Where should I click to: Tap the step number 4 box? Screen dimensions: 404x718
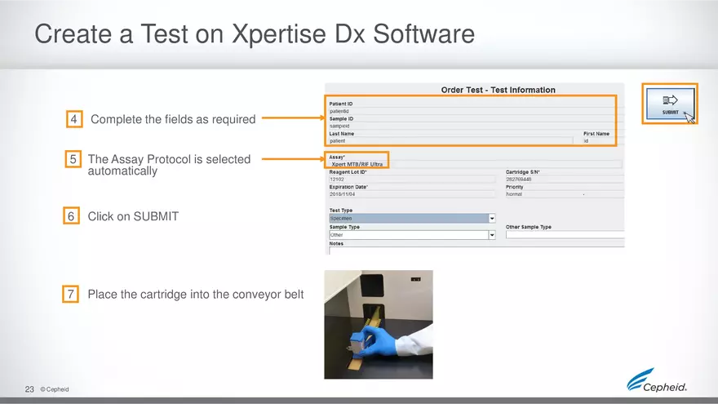click(74, 120)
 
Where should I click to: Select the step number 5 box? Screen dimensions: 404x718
click(73, 159)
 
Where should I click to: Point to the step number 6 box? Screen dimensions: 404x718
click(73, 216)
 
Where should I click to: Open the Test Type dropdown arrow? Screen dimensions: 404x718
click(492, 218)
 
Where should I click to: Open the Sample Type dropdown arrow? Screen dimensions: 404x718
click(492, 235)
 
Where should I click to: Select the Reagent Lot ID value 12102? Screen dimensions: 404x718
click(338, 180)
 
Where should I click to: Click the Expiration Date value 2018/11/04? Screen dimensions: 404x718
click(342, 194)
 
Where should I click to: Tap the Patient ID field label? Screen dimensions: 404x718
click(341, 104)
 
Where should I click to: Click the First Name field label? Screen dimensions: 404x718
click(596, 133)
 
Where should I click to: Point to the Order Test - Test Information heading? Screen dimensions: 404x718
click(498, 90)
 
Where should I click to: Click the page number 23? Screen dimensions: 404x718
click(30, 389)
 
